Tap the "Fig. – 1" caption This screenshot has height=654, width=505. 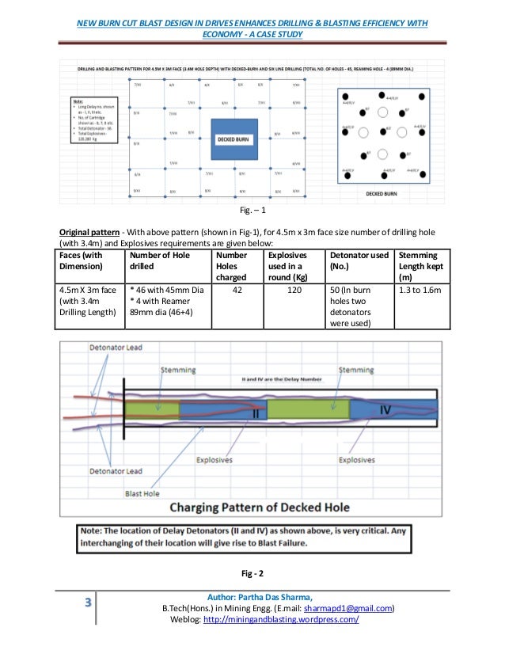tap(252, 212)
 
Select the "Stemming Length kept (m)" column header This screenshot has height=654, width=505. tap(422, 269)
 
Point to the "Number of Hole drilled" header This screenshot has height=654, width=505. tap(165, 262)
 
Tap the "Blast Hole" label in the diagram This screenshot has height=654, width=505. tap(143, 492)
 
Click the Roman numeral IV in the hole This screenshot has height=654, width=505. tap(385, 409)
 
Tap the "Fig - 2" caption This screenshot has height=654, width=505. tap(252, 572)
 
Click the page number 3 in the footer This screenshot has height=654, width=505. tap(89, 603)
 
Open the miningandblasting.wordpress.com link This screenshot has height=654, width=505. tap(281, 619)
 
